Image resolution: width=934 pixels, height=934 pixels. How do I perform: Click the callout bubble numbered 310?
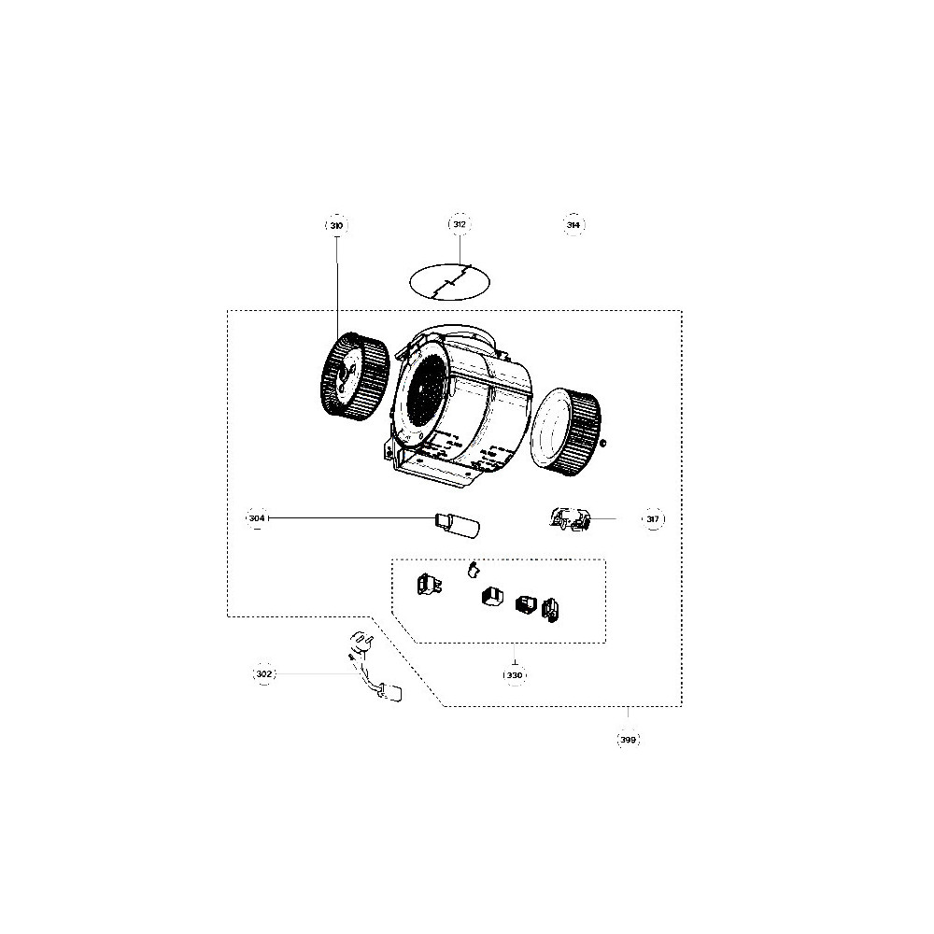click(x=336, y=226)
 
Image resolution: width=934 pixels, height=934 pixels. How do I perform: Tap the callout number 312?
click(x=460, y=224)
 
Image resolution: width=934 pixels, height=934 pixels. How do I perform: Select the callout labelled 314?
click(x=573, y=225)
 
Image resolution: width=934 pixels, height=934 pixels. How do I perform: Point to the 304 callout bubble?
click(x=257, y=518)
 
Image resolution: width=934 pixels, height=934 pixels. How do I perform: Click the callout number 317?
click(x=653, y=518)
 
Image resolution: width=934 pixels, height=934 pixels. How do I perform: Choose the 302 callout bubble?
click(x=264, y=673)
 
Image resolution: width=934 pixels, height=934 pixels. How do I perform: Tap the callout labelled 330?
click(x=515, y=675)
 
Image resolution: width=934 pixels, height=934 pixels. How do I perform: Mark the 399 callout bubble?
click(x=629, y=740)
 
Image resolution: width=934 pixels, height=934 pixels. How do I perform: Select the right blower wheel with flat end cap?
click(x=565, y=432)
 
